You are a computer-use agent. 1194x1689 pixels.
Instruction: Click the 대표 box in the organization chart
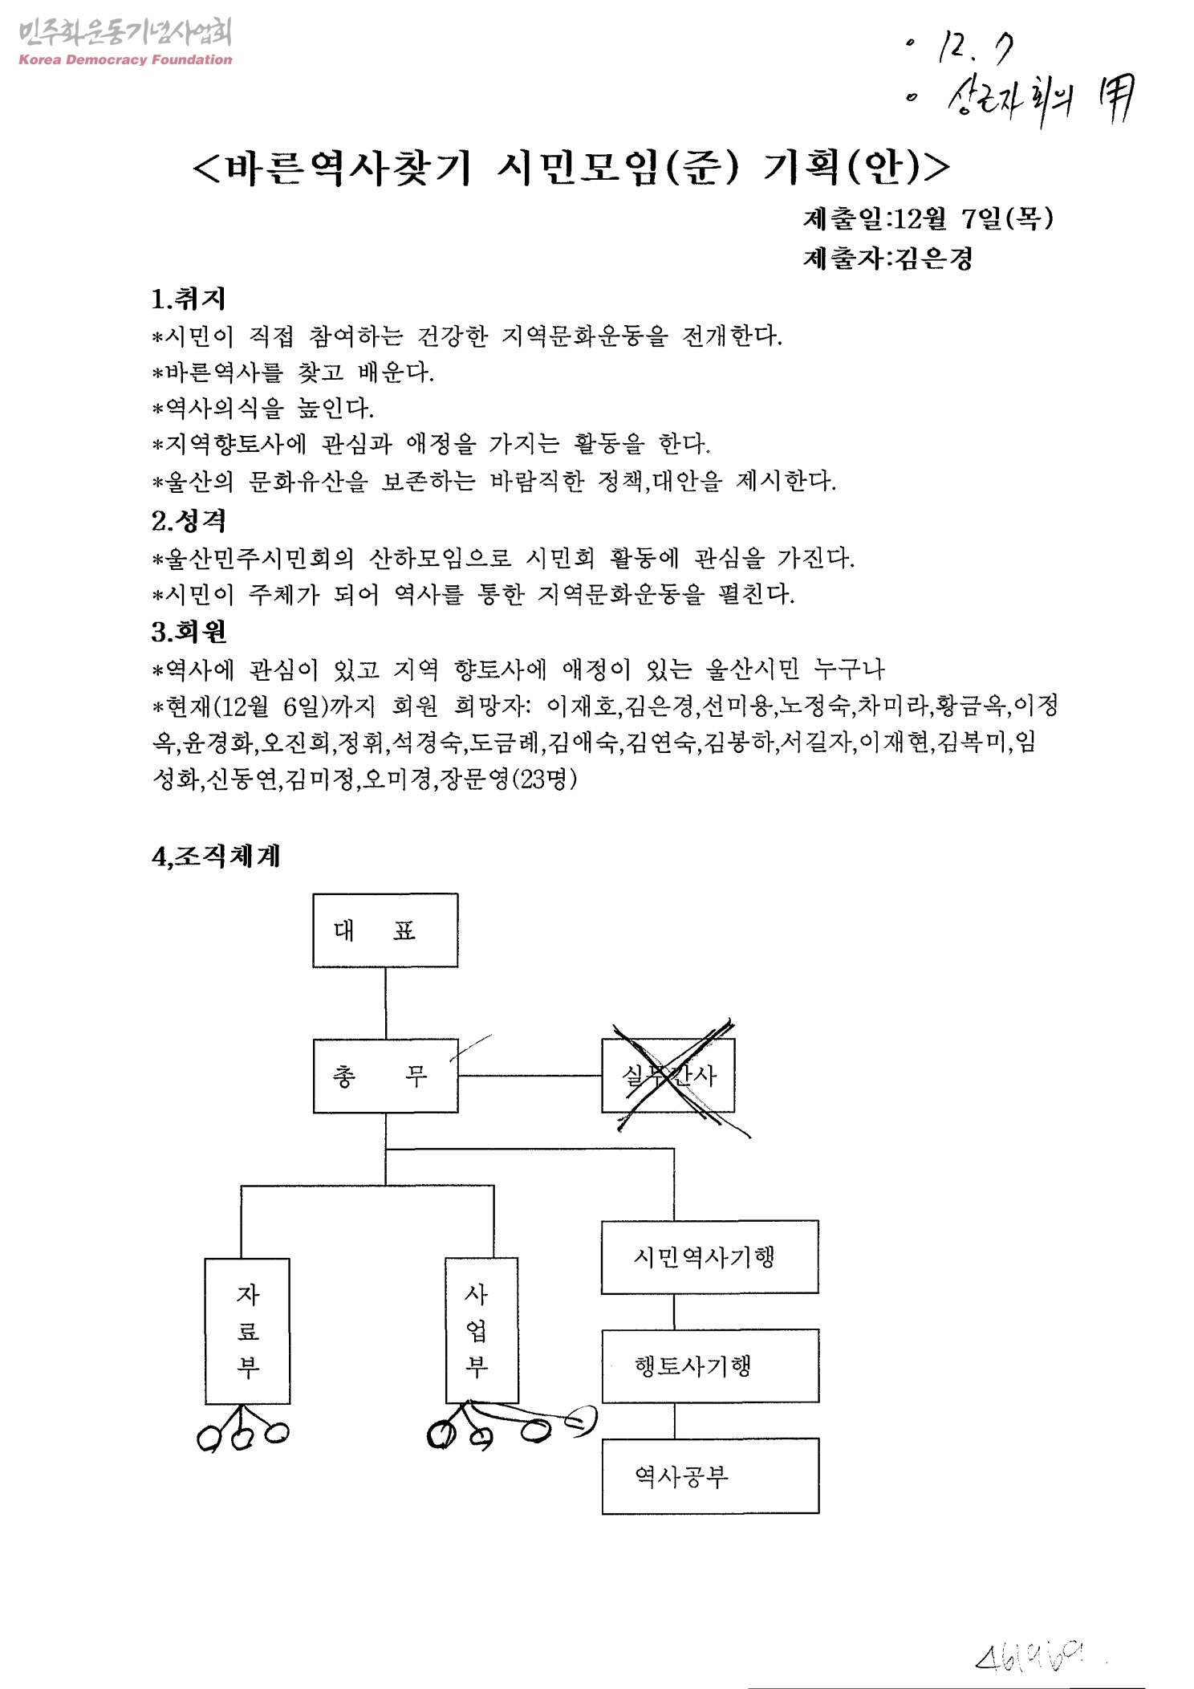385,930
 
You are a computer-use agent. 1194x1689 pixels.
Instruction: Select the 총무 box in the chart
385,1076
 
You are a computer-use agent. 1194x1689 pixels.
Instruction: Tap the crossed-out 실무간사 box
668,1076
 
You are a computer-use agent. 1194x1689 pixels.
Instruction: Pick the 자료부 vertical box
247,1330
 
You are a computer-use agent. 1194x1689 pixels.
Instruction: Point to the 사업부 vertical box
481,1330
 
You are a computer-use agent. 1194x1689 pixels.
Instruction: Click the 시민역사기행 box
709,1257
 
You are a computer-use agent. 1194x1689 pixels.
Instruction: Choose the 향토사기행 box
709,1365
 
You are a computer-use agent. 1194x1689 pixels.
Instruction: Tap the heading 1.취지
189,299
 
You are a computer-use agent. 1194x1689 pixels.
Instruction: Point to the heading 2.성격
189,521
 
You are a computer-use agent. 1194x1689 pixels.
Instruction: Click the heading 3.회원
189,632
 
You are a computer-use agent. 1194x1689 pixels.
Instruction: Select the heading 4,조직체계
216,857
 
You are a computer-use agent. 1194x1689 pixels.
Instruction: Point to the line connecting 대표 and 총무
385,1003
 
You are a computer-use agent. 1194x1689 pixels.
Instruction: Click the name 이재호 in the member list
581,706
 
